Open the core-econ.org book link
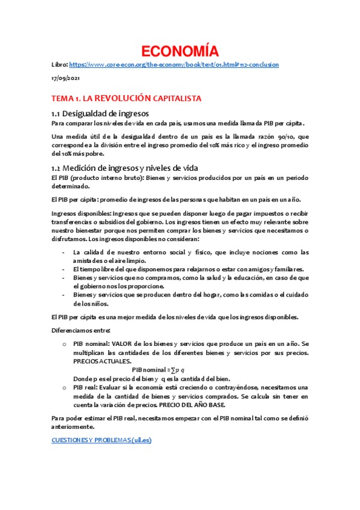(x=174, y=64)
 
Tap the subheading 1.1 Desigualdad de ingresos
(x=100, y=113)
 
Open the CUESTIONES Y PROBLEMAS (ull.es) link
(x=102, y=440)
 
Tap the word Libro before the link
(x=59, y=64)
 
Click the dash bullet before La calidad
(x=64, y=253)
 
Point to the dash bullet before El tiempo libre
(x=64, y=269)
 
